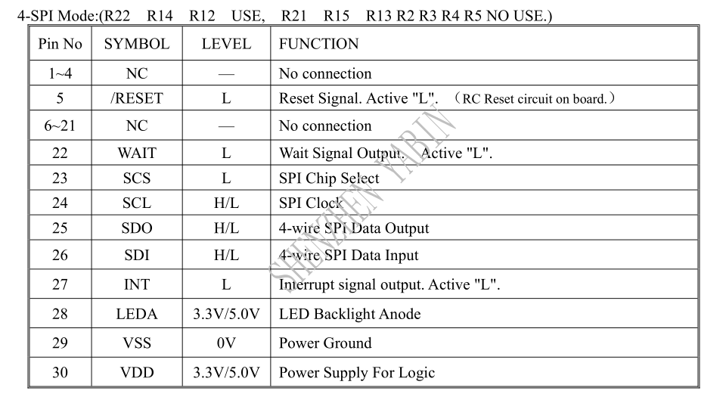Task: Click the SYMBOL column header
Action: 137,44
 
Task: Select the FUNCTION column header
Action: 318,44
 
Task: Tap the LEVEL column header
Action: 226,44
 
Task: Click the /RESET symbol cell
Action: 137,98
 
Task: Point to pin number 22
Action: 60,154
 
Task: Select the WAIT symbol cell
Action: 137,154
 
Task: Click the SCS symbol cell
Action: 137,178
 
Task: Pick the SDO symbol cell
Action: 137,228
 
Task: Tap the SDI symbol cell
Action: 137,255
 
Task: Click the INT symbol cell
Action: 137,284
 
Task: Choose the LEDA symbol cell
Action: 137,314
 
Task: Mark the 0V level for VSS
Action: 226,343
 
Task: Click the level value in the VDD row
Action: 226,373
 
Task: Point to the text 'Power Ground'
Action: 325,343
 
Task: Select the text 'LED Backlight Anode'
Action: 349,314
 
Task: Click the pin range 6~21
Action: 60,126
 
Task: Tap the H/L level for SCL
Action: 226,203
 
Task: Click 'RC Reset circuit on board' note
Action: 535,98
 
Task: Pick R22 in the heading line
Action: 115,16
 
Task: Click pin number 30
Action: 60,373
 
